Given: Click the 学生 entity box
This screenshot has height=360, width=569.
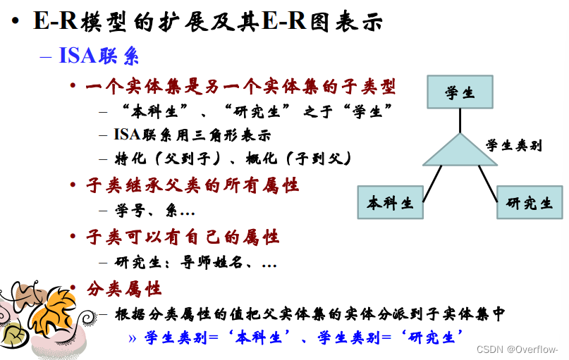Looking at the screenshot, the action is (x=460, y=92).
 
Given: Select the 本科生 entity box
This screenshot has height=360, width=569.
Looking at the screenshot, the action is (x=390, y=203).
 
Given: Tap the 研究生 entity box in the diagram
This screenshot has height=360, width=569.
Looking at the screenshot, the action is (x=530, y=203).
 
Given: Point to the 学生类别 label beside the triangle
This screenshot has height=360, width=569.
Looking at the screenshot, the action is (x=513, y=146).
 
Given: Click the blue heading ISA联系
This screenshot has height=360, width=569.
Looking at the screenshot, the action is (x=99, y=56).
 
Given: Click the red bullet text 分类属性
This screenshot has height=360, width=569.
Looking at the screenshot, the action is (x=124, y=288).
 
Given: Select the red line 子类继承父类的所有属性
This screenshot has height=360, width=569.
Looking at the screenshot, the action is (x=192, y=185).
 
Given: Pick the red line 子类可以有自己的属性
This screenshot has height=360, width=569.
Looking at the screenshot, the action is (x=182, y=237).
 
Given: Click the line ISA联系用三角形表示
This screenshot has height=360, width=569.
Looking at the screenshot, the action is (x=192, y=135).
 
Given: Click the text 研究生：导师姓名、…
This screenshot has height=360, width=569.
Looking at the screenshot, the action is (x=195, y=262).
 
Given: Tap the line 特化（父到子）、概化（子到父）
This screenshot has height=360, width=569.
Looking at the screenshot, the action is (x=233, y=158).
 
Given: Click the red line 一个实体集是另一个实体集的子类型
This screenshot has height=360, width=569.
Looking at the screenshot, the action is (x=240, y=87).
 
